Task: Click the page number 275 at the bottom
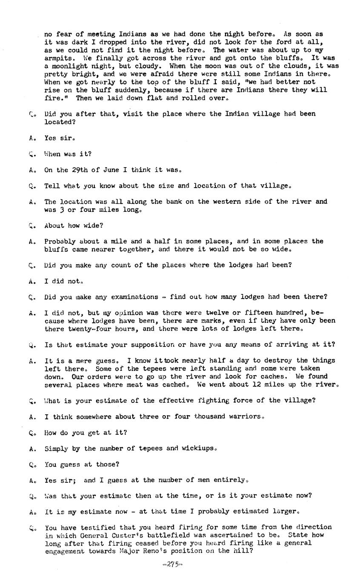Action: click(172, 564)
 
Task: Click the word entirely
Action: click(229, 480)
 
